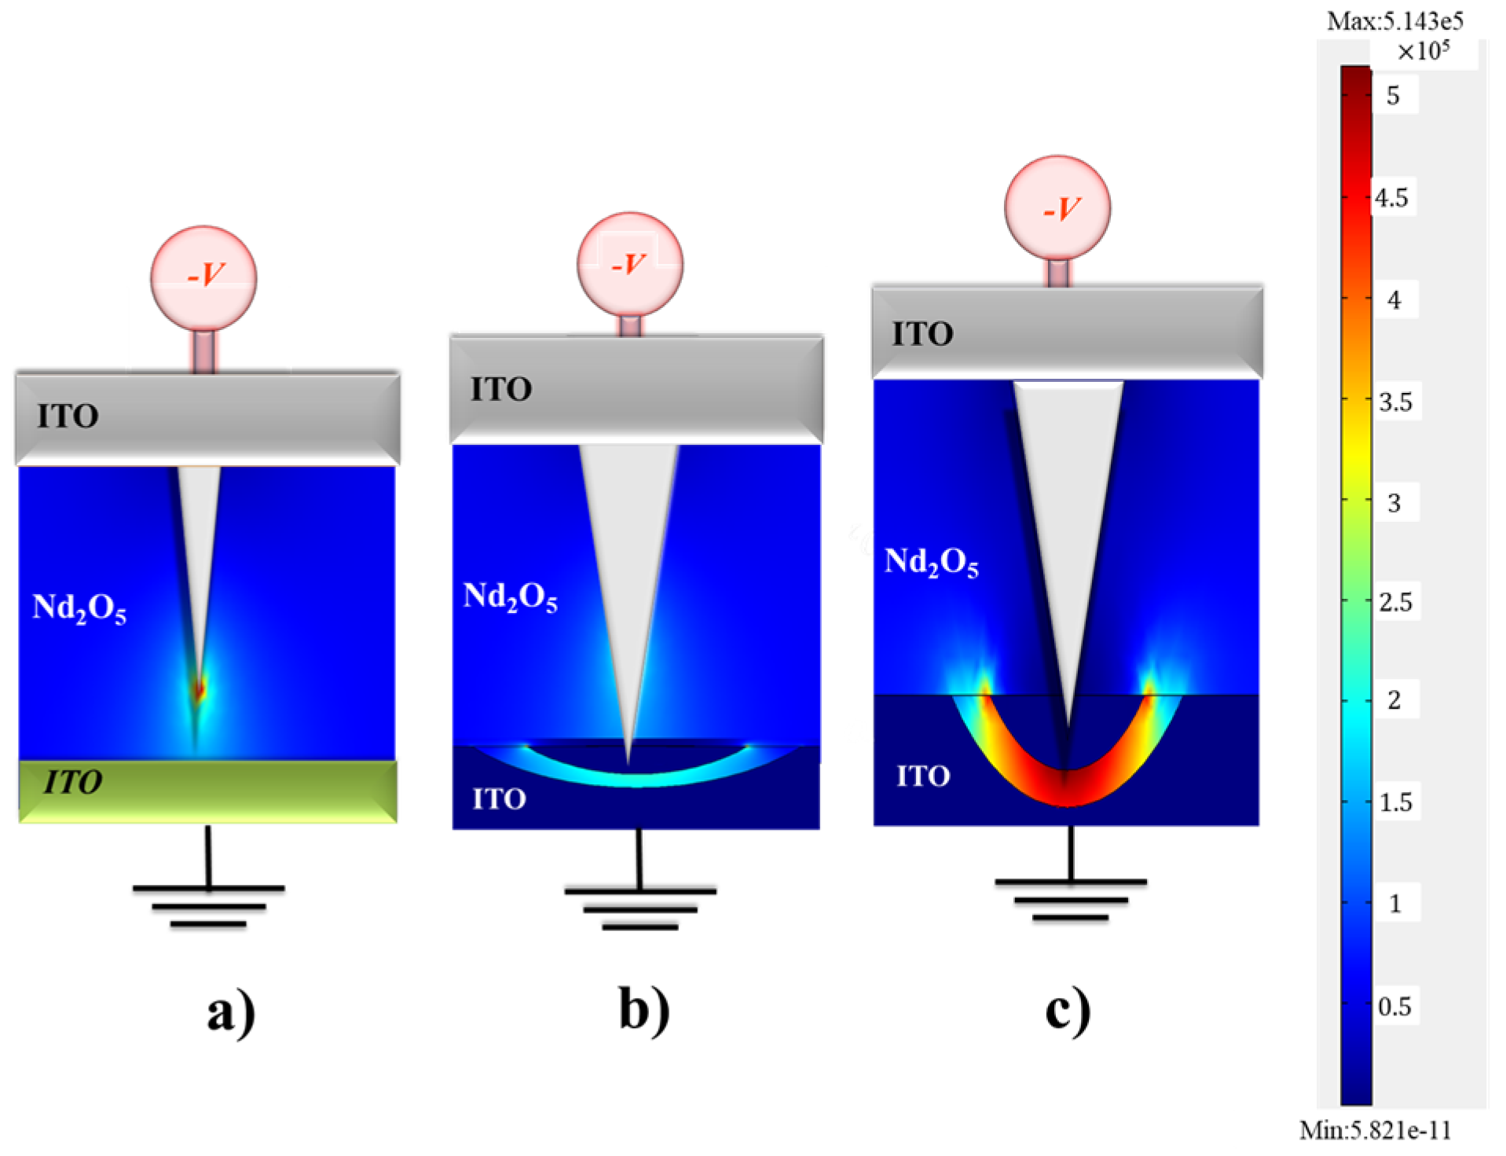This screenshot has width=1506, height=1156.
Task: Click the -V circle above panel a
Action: click(203, 277)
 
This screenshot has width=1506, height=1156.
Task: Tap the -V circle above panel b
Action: click(629, 265)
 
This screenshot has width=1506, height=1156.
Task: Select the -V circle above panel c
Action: click(1057, 208)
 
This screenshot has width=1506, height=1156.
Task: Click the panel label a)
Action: click(231, 1012)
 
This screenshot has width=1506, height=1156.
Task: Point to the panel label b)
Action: click(644, 1010)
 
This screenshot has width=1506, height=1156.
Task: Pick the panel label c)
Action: click(1067, 1010)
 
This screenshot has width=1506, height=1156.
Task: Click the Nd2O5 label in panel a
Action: click(79, 608)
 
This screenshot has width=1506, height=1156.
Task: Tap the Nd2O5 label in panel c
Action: click(931, 563)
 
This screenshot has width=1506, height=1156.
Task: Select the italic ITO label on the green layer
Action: click(72, 782)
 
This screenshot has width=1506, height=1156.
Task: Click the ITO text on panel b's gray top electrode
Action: click(501, 389)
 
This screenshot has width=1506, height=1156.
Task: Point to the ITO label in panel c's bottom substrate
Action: click(923, 776)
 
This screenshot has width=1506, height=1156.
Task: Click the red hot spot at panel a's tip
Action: click(200, 689)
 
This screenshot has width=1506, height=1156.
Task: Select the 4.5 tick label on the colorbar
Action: click(1391, 198)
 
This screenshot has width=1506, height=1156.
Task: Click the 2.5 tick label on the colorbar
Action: click(1395, 603)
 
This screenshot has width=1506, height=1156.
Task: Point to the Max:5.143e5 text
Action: click(1394, 20)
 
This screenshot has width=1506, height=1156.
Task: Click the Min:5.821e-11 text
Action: click(1375, 1130)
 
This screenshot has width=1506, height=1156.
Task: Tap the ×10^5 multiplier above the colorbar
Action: click(1423, 52)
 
